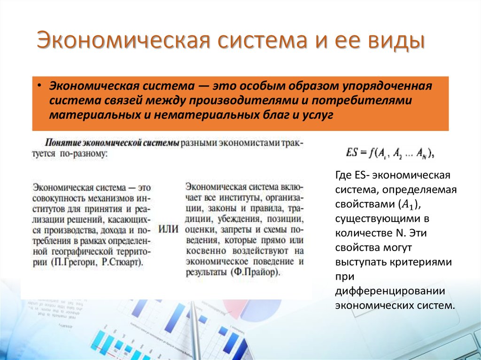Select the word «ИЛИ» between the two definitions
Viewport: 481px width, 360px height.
pyautogui.click(x=169, y=229)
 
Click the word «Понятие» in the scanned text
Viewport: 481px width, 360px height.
pyautogui.click(x=62, y=142)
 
